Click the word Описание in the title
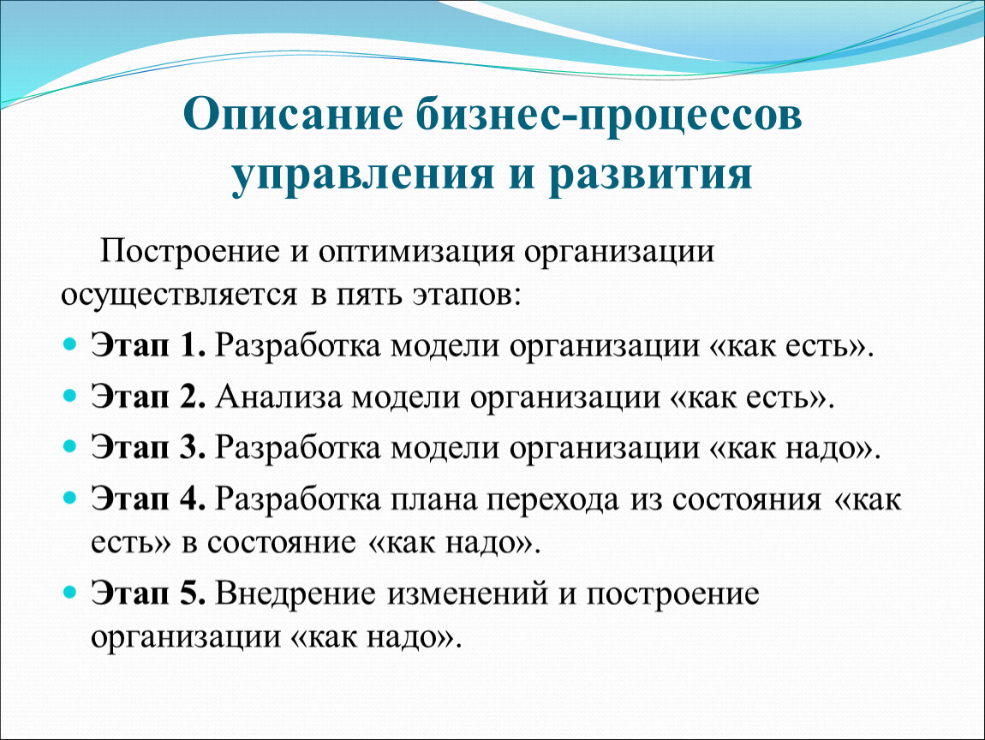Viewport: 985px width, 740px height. tap(293, 114)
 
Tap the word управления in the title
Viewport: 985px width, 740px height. tap(362, 174)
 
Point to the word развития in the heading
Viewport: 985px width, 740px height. tap(650, 174)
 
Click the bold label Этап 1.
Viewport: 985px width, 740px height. tap(147, 345)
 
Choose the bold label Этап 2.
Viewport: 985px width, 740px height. tap(147, 397)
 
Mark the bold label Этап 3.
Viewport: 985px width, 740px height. tap(147, 447)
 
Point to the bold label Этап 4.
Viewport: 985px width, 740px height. tap(147, 498)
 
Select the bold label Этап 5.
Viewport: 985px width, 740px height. tap(147, 593)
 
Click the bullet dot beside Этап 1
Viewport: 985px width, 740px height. tap(70, 345)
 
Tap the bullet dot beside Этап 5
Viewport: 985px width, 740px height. tap(70, 592)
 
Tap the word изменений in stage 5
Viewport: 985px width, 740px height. tap(468, 593)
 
